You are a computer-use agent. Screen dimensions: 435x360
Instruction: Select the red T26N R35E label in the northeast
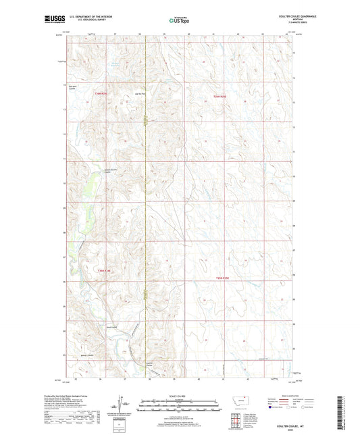(221, 97)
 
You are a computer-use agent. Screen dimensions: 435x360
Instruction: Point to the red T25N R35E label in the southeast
(223, 278)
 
